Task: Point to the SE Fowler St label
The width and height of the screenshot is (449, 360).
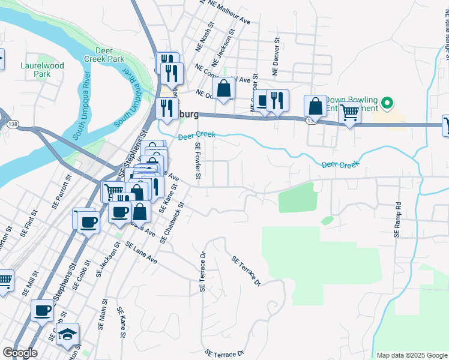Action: [197, 160]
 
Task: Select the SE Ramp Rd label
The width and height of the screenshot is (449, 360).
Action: [397, 220]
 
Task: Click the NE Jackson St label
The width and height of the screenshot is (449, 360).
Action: [224, 44]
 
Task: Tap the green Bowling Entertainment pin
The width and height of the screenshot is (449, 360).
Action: [387, 103]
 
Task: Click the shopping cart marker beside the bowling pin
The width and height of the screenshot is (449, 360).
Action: [349, 111]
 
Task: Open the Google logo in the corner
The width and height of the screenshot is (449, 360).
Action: [20, 353]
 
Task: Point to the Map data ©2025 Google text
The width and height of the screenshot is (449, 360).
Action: [412, 355]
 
